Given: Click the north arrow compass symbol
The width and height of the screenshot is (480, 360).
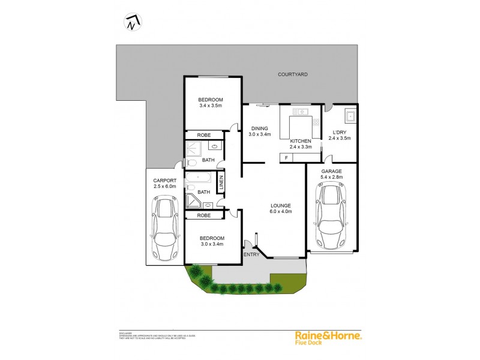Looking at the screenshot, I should point(133,23).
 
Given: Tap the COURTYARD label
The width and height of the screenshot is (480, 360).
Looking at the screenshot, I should point(292,74).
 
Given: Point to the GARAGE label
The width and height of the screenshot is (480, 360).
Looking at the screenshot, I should point(331,171).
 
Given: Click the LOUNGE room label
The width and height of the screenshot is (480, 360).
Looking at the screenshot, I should point(280,205).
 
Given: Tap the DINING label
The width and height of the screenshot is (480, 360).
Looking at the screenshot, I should point(260,128).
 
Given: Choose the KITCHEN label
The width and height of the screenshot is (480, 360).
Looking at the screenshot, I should point(301,140).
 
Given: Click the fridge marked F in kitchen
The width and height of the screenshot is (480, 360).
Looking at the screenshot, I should point(286,158).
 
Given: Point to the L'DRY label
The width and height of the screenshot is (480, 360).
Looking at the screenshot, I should point(340,132).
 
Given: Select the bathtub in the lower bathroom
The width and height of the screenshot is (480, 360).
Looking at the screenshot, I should point(197,178).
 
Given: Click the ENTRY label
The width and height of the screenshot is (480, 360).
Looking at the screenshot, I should point(251,255).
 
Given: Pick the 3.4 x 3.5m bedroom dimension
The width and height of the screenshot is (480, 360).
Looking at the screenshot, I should point(211,106).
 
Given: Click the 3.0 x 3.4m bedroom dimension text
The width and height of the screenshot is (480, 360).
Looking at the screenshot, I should point(211,244).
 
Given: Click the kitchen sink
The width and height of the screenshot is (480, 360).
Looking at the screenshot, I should point(300,111).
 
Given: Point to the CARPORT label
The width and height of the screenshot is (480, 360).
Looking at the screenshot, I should point(164,181).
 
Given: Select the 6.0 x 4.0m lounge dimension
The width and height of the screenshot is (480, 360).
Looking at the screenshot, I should point(280,211).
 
